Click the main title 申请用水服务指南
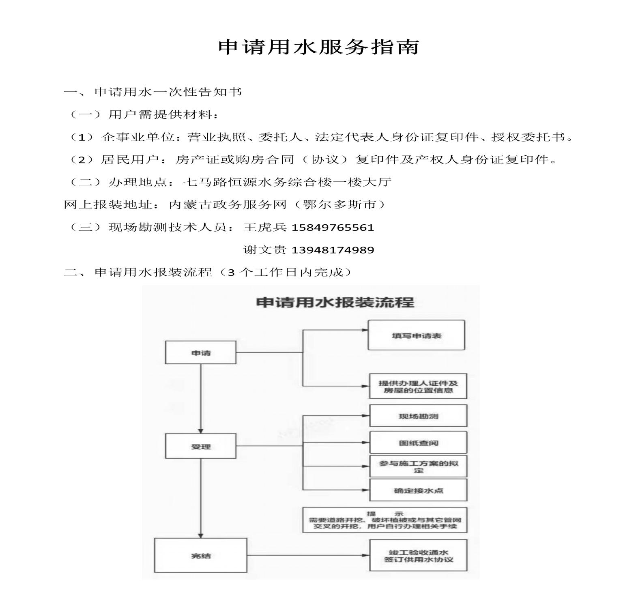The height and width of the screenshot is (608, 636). (318, 47)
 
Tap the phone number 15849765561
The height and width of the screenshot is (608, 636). (333, 228)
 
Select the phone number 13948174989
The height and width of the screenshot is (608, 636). (333, 250)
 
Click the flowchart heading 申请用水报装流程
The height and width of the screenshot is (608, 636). (335, 303)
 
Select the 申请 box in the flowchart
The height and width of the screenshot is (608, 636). (201, 352)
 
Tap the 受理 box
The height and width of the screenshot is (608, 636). (201, 446)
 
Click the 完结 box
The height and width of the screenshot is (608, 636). (201, 555)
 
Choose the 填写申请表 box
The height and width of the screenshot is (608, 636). (416, 335)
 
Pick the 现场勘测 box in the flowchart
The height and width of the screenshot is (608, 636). (418, 416)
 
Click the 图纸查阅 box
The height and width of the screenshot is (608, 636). (418, 443)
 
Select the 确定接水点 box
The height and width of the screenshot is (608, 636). (418, 490)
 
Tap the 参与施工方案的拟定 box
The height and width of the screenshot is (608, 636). (418, 466)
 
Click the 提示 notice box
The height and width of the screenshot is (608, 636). (385, 520)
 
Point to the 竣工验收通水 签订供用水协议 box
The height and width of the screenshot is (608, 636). (418, 556)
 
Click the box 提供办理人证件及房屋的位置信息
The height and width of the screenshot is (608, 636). (418, 386)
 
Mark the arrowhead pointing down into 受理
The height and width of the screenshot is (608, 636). (201, 431)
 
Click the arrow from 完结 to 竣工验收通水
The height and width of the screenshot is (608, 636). (308, 555)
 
